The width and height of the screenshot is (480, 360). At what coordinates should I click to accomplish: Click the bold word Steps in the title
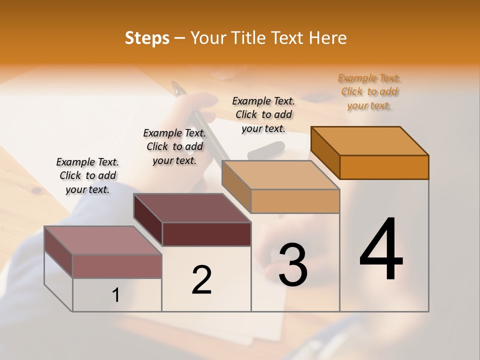click(x=147, y=38)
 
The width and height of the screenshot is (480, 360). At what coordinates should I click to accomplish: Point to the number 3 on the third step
click(x=293, y=264)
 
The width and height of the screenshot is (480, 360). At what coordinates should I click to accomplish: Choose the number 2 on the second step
click(x=201, y=280)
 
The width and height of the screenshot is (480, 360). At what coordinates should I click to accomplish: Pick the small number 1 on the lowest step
click(x=116, y=295)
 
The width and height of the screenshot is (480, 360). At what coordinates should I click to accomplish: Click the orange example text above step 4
click(x=369, y=92)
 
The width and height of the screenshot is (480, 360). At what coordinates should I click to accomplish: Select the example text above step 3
click(x=263, y=114)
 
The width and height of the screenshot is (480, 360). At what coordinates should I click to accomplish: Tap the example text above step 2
click(x=174, y=146)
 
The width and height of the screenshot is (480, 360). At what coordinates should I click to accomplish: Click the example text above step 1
click(x=87, y=175)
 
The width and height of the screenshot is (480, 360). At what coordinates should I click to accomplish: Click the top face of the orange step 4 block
click(x=370, y=140)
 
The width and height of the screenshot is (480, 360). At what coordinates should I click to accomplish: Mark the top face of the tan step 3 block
click(x=280, y=175)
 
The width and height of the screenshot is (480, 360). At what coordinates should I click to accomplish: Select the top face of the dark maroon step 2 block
click(x=192, y=208)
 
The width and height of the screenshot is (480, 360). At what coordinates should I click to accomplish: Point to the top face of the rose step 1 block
click(x=103, y=240)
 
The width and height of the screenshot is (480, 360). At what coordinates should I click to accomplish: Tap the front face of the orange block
click(x=384, y=167)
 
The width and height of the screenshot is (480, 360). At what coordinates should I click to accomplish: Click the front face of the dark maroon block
click(x=206, y=234)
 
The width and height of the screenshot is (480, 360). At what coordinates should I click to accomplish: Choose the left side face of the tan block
click(x=236, y=189)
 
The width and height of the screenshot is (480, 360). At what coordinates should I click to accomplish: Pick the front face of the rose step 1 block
click(x=117, y=266)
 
